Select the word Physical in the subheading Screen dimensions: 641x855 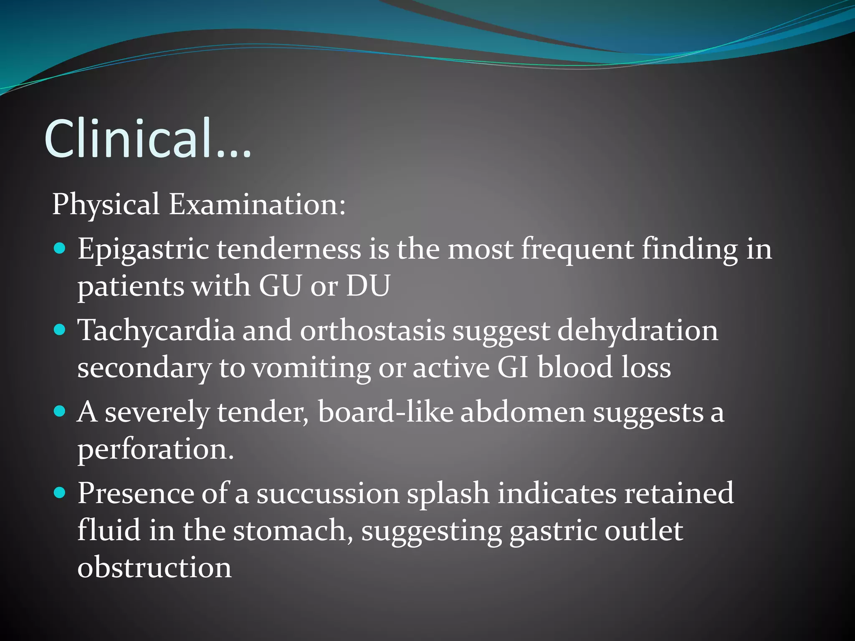(106, 204)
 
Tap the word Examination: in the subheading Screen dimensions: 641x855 (257, 204)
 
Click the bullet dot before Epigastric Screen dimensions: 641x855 (60, 249)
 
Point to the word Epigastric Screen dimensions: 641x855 (143, 250)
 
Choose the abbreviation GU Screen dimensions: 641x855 (280, 286)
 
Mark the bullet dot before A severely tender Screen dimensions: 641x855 (60, 412)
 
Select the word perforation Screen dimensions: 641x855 (156, 450)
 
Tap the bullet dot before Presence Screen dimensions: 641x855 (60, 493)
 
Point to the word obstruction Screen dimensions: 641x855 (154, 568)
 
